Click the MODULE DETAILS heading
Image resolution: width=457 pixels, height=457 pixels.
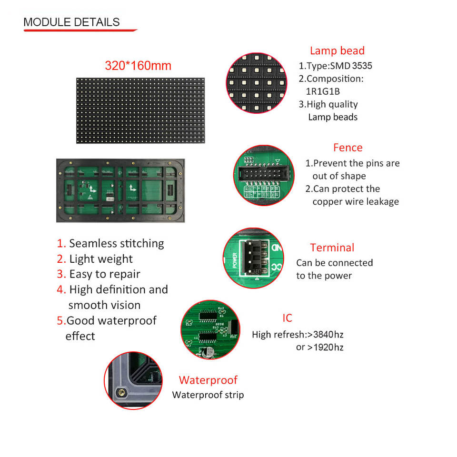point(71,22)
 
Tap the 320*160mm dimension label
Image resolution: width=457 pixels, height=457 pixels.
point(138,66)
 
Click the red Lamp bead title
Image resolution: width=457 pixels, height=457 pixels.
point(337,51)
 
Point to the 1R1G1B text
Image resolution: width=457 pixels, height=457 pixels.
point(326,91)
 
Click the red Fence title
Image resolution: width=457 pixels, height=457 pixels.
point(348,148)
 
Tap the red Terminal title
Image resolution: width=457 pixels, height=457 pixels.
point(332,248)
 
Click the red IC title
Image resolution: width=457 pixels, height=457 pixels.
point(287,318)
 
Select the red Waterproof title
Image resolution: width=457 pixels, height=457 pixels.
point(208,380)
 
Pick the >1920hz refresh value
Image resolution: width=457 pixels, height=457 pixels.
point(325,347)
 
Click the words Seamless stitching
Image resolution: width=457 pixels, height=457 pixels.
point(116,243)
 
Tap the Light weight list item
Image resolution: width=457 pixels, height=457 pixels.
point(101,259)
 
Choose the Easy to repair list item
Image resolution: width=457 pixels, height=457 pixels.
point(105,274)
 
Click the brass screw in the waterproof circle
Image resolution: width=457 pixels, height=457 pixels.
point(123,392)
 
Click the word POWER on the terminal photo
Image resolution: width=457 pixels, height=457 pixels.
point(235,260)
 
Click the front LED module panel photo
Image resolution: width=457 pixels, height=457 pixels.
point(140,110)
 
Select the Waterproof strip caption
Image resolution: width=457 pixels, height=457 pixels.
point(208,395)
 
